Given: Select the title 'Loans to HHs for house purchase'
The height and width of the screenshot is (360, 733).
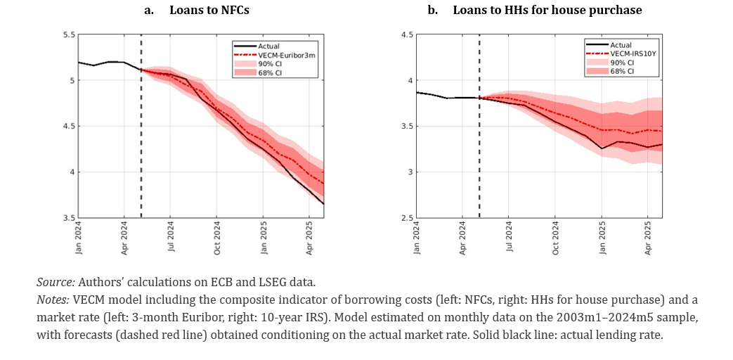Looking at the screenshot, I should click(x=547, y=11).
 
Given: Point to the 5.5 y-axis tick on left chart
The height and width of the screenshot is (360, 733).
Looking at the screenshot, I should click(x=69, y=34).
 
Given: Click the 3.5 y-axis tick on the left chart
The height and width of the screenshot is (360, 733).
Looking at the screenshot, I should click(x=69, y=218).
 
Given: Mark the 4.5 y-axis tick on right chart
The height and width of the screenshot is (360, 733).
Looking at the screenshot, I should click(x=406, y=34).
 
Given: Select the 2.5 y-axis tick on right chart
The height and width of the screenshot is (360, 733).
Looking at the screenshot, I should click(x=406, y=218).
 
